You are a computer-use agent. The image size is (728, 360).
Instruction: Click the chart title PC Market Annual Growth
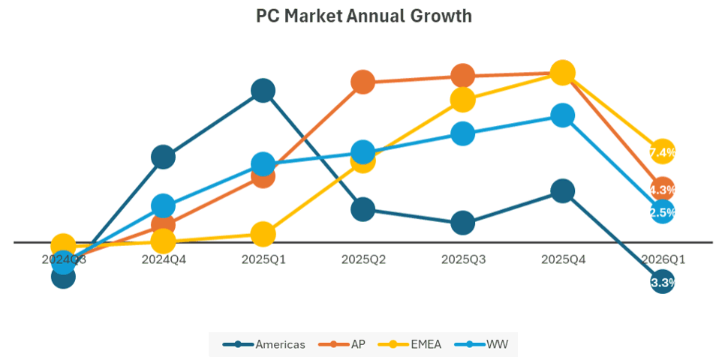pos(364,16)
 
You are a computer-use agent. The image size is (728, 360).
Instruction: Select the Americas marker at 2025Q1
pos(263,91)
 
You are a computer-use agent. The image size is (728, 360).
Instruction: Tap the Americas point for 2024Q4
pos(163,157)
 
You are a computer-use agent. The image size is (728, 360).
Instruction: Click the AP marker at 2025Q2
pos(362,82)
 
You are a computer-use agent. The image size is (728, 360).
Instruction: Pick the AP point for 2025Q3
pos(463,76)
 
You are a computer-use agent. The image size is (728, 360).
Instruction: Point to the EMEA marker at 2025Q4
pos(563,73)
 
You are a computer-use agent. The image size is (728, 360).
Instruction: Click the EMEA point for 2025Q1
pos(263,234)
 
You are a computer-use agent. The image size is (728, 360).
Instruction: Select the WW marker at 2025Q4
pos(563,115)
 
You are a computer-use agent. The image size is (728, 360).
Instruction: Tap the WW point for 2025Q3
pos(463,133)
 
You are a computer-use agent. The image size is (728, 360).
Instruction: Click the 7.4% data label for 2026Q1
pos(662,152)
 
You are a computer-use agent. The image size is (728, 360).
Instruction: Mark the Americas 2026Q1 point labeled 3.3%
pos(662,283)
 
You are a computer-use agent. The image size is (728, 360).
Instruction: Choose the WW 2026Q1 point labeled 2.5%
pos(662,212)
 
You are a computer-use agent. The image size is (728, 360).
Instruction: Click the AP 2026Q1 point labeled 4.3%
pos(662,189)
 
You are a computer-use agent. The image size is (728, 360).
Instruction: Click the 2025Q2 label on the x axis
pos(363,259)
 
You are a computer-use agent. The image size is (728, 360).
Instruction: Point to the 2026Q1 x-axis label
pos(662,259)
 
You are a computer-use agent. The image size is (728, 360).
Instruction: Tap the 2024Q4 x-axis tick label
pos(163,259)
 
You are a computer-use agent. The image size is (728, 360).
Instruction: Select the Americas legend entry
pos(265,344)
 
